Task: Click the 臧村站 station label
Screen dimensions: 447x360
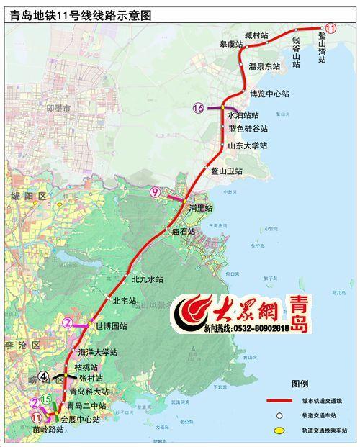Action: pos(256,35)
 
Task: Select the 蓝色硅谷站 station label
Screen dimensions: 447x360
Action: pos(248,129)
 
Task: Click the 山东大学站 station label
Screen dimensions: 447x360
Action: pos(247,145)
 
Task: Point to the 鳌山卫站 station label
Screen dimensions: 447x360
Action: pos(228,171)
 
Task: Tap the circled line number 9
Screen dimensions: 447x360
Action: pos(156,191)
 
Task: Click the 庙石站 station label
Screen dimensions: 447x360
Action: pos(184,232)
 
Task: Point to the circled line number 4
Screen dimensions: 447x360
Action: pos(44,375)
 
